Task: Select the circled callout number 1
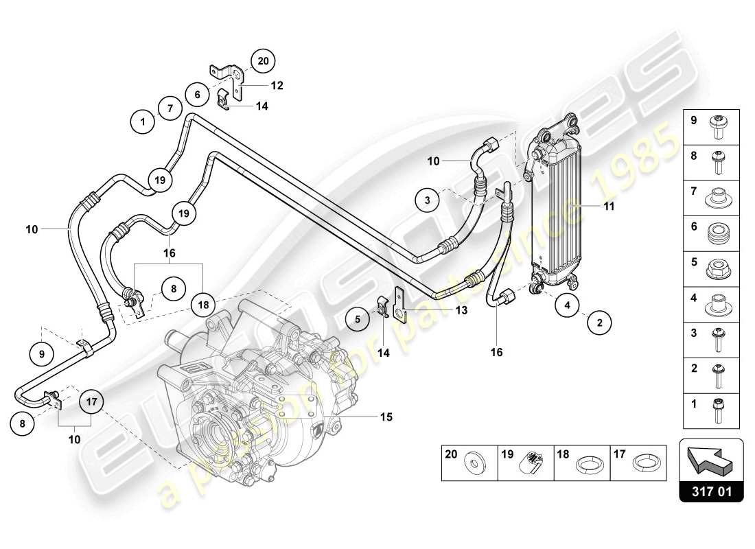143,123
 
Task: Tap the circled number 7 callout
170,108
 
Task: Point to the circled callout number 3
427,201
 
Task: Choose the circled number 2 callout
599,321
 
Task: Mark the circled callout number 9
42,354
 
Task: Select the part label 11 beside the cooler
609,205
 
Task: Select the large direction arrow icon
710,458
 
